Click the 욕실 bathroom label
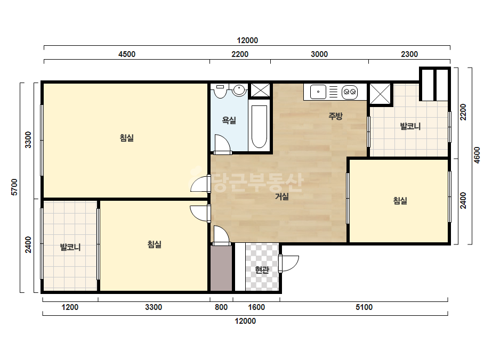[x=229, y=120]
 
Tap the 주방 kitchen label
[x=335, y=116]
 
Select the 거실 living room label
[x=282, y=197]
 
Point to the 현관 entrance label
[x=262, y=269]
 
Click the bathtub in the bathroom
[x=260, y=126]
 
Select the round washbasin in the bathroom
[x=239, y=90]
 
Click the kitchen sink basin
[x=318, y=92]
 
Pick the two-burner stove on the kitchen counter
[x=350, y=92]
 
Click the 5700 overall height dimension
[x=14, y=187]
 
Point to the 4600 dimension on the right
[x=477, y=155]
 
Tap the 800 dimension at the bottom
[x=221, y=307]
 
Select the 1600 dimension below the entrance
[x=256, y=307]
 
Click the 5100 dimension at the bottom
[x=364, y=307]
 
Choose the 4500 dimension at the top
[x=127, y=54]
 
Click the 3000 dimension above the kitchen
[x=319, y=54]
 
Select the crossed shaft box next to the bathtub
[x=261, y=91]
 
